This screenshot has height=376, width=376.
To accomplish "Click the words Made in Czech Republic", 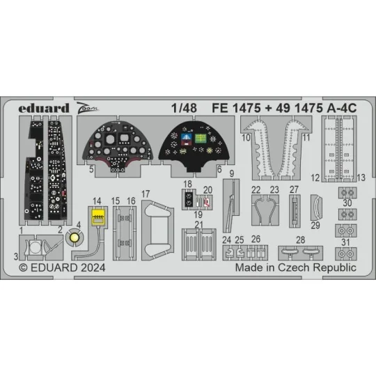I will coord(296,267).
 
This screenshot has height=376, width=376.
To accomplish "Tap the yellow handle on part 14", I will coord(98,217).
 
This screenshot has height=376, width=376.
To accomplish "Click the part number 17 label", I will coord(146,193).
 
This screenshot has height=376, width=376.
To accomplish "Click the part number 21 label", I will coord(198,224).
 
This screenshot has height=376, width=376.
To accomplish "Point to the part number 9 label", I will coord(230,173).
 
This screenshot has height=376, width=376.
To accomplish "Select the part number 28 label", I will coord(300,240).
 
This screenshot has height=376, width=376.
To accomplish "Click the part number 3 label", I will coord(15,256).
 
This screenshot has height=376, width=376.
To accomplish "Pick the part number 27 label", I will coord(294,189).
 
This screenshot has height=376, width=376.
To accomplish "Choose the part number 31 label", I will coord(346,242).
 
